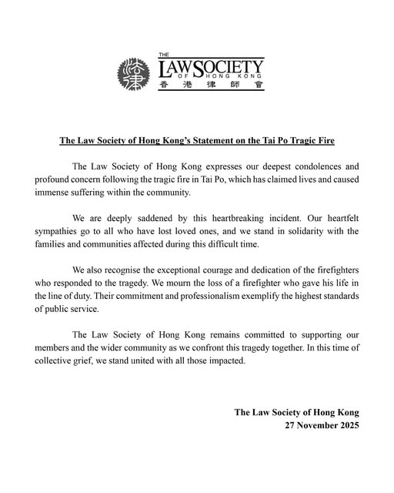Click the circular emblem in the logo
pos(135,74)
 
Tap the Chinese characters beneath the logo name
pos(211,85)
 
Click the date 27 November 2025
pos(322,425)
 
